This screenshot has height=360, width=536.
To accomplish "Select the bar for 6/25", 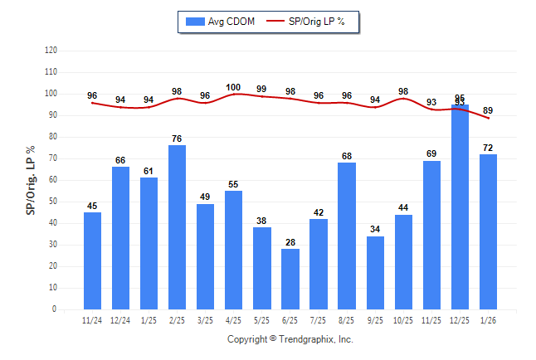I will point(290,279).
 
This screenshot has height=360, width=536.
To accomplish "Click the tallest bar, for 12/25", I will point(460,207).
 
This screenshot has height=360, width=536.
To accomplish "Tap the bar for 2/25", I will point(178,227).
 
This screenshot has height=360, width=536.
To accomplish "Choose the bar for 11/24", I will point(92,260).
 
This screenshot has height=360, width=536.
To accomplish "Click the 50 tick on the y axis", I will point(53,202).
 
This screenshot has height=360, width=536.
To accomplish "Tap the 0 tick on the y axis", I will point(55,309).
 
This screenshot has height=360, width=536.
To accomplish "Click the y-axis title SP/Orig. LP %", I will point(31,178).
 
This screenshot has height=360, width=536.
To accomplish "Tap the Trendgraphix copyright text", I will point(290,339).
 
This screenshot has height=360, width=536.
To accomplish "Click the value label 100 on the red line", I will point(233,87).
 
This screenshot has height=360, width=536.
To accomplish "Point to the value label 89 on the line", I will point(488,110).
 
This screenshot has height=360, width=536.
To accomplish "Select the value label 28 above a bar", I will point(290,241).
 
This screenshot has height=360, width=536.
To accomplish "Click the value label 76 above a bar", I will point(178,138).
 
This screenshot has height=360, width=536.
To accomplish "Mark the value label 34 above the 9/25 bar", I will point(375,229).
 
